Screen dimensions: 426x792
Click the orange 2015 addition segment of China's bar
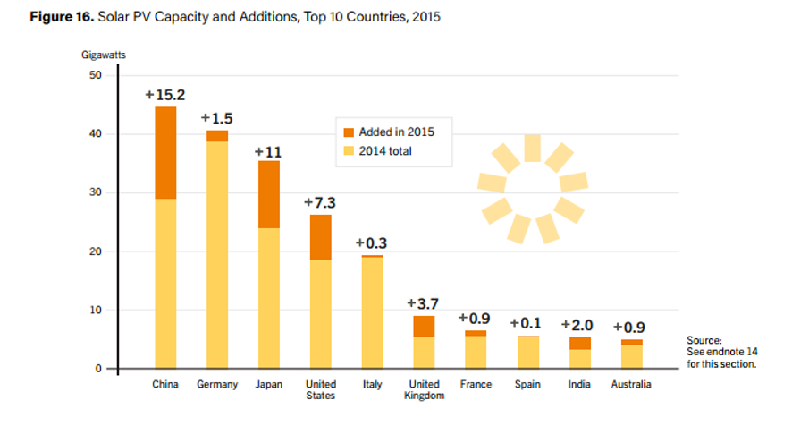[x=165, y=153]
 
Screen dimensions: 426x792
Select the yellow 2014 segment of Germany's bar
[x=217, y=254]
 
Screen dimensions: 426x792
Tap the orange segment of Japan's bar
[x=269, y=194]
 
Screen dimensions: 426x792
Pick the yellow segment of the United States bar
[x=321, y=313]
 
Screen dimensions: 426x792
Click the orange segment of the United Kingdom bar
[x=424, y=327]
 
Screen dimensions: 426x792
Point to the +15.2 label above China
[x=165, y=95]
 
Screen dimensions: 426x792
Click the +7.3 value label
[x=321, y=203]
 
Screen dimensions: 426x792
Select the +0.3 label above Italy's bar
[x=372, y=243]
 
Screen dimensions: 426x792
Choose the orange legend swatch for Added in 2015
[x=349, y=132]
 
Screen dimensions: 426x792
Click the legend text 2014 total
[x=385, y=151]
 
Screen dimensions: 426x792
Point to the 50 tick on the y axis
[x=97, y=75]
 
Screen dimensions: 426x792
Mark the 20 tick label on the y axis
[x=97, y=251]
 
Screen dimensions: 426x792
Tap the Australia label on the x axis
[x=630, y=385]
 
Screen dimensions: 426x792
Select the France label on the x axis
[x=475, y=385]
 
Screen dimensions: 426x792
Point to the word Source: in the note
[x=704, y=341]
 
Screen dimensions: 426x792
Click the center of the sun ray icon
[x=533, y=188]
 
